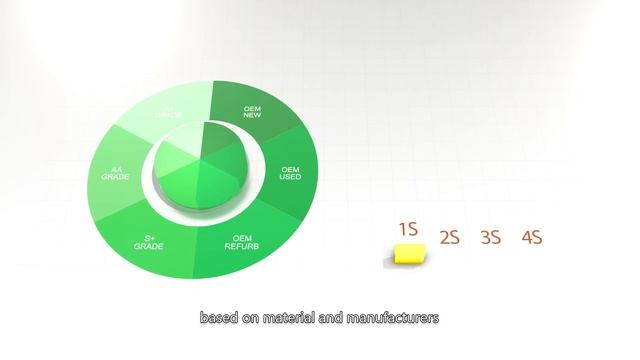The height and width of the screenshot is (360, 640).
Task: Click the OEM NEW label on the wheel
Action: [259, 111]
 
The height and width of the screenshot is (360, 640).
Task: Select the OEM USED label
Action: [290, 173]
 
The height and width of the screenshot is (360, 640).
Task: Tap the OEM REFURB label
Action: [241, 242]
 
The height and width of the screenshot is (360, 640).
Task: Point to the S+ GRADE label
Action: [147, 242]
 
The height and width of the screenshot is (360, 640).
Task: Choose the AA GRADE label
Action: [115, 172]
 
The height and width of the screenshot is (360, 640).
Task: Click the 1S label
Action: [407, 229]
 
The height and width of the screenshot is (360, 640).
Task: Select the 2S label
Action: [449, 238]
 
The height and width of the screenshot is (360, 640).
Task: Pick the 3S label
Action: [490, 238]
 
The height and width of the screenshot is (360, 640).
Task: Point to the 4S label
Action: [531, 238]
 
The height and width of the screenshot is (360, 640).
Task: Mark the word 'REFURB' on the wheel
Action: [241, 246]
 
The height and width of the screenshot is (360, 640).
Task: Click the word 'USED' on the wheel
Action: [290, 177]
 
